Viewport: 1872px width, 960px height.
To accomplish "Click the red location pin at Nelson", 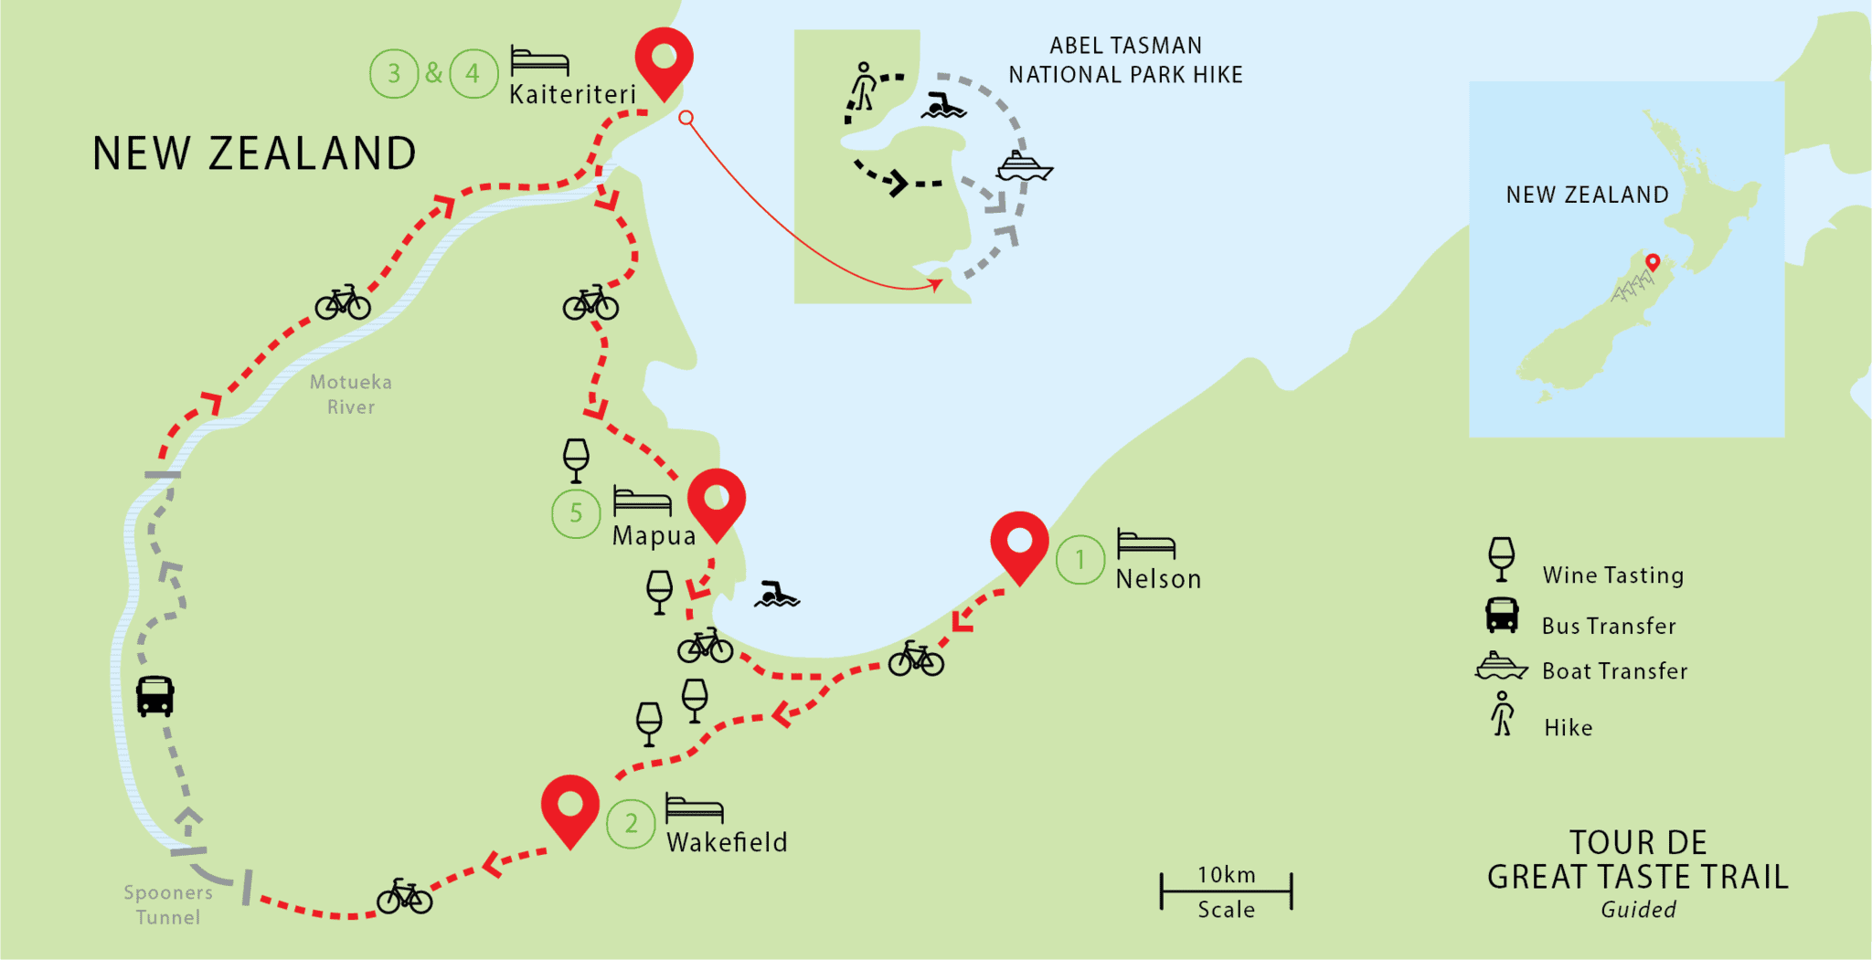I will [1019, 543].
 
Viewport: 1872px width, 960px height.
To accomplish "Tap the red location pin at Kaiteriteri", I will [664, 59].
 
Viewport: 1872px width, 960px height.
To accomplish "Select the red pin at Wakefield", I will [569, 807].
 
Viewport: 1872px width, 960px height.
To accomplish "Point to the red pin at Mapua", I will [717, 501].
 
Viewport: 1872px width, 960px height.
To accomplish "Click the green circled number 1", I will [1080, 559].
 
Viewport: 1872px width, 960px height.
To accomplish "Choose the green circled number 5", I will [576, 513].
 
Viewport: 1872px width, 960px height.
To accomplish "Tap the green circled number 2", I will [631, 823].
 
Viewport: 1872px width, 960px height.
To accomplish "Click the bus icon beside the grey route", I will [155, 696].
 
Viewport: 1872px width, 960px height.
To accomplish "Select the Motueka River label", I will [351, 395].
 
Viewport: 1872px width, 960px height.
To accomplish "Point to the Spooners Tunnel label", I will [168, 904].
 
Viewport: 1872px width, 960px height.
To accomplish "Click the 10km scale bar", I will [1226, 891].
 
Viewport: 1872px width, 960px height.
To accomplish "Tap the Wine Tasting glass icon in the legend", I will [1501, 559].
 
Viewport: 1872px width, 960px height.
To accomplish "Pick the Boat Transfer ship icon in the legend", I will [1501, 667].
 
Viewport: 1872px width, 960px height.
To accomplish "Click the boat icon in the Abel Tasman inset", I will [1024, 166].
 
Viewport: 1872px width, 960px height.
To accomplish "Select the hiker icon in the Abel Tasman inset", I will [863, 88].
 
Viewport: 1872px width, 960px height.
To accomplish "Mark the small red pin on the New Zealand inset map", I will [1653, 263].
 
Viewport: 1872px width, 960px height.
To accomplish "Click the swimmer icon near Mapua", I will [776, 595].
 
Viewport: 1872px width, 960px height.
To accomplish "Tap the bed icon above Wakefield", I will [694, 809].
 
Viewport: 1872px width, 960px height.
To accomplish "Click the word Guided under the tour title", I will [1638, 910].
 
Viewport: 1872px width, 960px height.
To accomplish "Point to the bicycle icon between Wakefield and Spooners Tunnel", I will [404, 897].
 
